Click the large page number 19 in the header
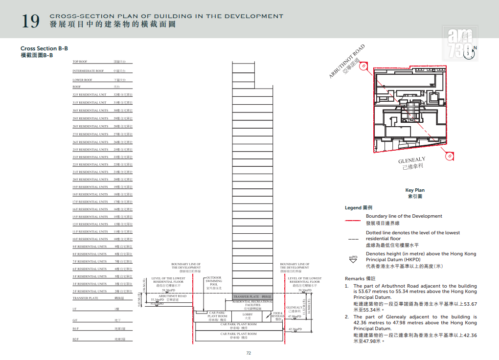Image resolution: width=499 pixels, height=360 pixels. click(x=31, y=22)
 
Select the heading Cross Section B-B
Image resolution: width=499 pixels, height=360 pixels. click(x=44, y=48)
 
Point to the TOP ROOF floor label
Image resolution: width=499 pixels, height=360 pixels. click(x=80, y=62)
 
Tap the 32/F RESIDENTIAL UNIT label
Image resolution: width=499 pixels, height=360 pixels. click(x=90, y=95)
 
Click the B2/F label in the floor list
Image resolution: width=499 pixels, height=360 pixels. click(x=76, y=339)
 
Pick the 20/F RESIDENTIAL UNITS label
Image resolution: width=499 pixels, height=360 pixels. click(x=91, y=180)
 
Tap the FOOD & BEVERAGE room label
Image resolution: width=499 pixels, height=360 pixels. click(x=277, y=315)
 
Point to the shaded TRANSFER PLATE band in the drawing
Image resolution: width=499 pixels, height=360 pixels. click(x=252, y=297)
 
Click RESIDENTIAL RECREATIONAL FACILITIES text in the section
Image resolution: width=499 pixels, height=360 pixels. click(x=252, y=304)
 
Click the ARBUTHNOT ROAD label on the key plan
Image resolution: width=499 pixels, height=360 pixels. click(x=347, y=62)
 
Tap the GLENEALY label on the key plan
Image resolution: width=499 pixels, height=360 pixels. click(x=411, y=160)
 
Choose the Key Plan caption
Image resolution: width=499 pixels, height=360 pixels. click(x=415, y=190)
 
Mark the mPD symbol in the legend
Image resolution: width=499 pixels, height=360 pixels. click(x=353, y=258)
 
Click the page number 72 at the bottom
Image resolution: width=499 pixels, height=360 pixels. click(x=249, y=353)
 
